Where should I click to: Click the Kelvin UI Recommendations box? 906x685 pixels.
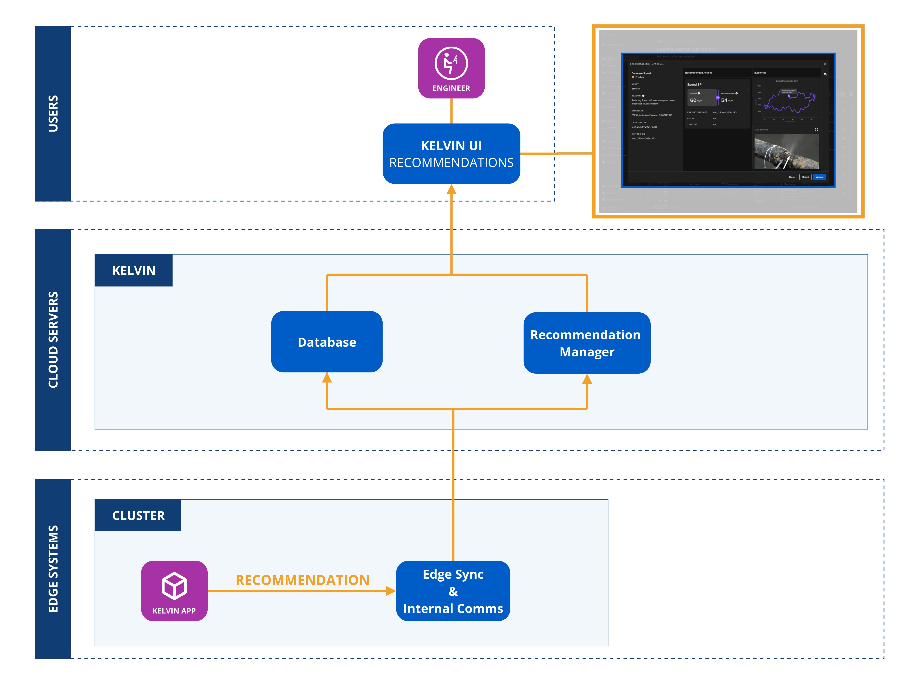451,154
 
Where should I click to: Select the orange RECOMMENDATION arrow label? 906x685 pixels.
302,580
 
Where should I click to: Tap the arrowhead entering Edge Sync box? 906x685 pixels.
391,591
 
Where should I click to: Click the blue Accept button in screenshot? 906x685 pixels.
819,177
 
